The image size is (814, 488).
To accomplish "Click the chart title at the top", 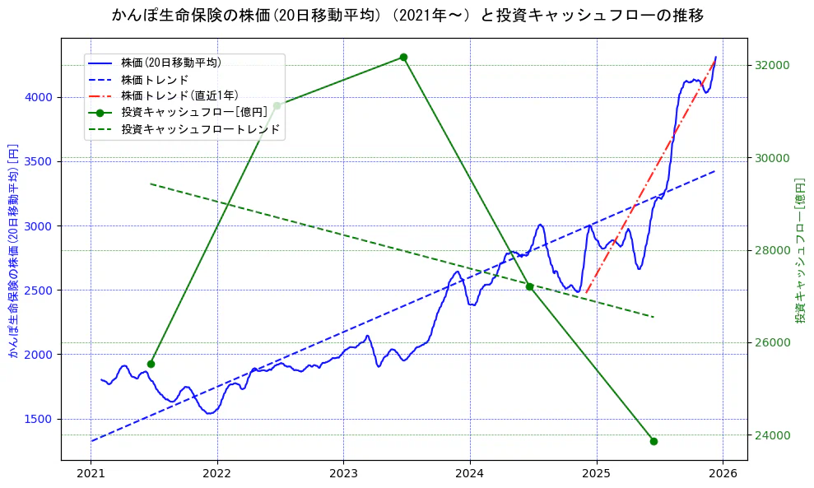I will click(x=407, y=16).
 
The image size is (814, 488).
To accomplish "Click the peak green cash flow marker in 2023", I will click(x=403, y=57).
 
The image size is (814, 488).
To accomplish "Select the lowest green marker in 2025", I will click(x=654, y=441).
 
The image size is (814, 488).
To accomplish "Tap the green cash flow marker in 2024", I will click(x=530, y=286).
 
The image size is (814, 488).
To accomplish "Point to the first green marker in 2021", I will click(x=151, y=364).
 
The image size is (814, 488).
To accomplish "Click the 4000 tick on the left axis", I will click(x=40, y=97).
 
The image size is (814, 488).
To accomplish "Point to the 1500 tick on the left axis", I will click(x=40, y=419).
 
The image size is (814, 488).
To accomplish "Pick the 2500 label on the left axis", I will click(x=40, y=290).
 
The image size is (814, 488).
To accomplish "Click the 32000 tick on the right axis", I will click(x=773, y=65).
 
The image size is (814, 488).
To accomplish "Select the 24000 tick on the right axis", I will click(x=773, y=435).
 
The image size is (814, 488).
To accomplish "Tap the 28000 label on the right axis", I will click(x=773, y=250).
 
